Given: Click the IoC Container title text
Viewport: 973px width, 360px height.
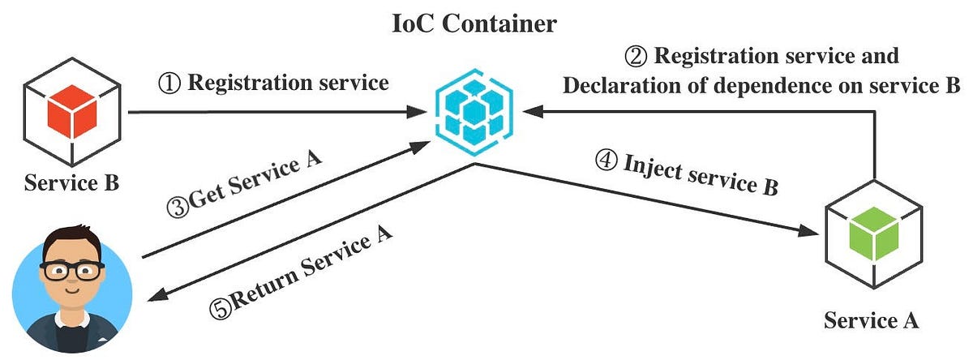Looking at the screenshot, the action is pyautogui.click(x=474, y=24).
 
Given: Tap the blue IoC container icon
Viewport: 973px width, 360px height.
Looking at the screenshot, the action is pyautogui.click(x=474, y=112).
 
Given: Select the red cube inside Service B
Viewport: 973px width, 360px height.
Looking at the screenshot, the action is pyautogui.click(x=72, y=111).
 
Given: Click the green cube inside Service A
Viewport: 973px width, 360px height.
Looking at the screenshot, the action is pyautogui.click(x=873, y=234).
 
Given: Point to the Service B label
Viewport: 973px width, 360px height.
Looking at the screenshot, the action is pyautogui.click(x=71, y=182).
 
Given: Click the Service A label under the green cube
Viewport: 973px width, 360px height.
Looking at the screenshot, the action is pyautogui.click(x=872, y=320).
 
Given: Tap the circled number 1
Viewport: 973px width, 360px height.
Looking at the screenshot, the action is pyautogui.click(x=169, y=83).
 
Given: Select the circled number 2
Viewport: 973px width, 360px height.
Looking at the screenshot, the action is pyautogui.click(x=636, y=57).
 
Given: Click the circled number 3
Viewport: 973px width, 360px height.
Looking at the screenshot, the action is pyautogui.click(x=178, y=208).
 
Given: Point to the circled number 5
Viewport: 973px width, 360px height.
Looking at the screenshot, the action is pyautogui.click(x=221, y=309).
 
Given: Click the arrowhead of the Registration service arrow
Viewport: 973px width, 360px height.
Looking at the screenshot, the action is pyautogui.click(x=417, y=112).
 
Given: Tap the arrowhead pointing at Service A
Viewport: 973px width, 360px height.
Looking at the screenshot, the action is pyautogui.click(x=808, y=231).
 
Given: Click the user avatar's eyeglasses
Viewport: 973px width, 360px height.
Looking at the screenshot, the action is pyautogui.click(x=72, y=271).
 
